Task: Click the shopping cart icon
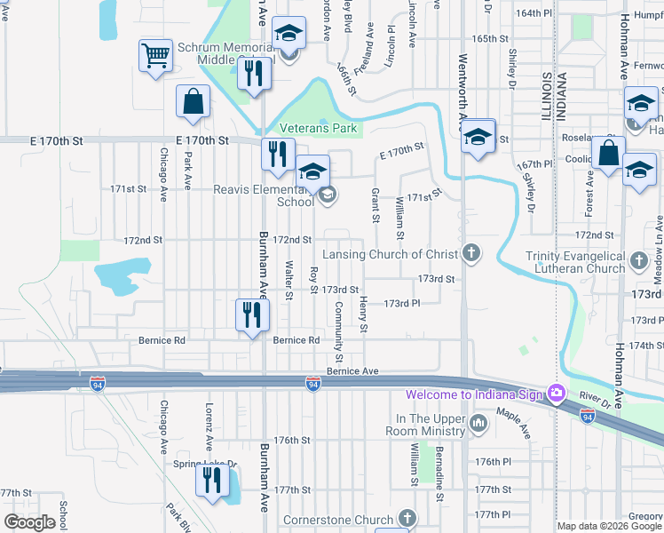(156, 56)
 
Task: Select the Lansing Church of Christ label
(390, 255)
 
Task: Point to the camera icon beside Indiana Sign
(556, 393)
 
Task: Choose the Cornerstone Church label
(337, 520)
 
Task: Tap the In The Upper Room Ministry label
(431, 425)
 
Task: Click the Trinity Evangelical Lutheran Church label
(574, 262)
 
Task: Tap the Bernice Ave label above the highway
(352, 371)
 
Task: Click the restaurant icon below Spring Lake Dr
(211, 481)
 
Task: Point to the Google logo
(29, 523)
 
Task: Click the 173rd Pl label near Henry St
(401, 303)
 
